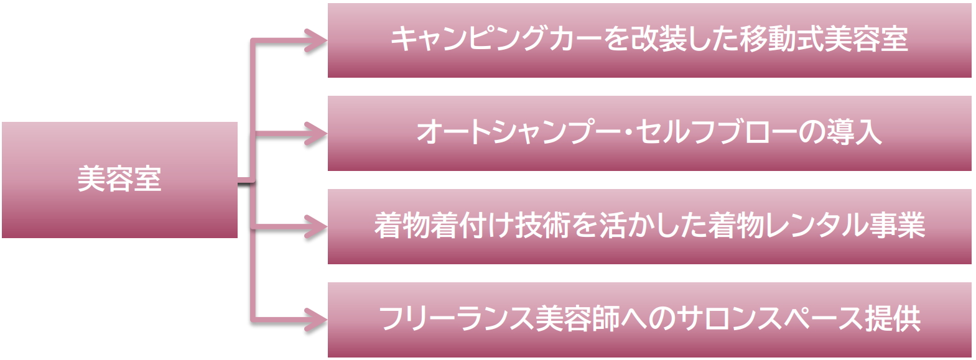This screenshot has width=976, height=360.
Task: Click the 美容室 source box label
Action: (x=119, y=180)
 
